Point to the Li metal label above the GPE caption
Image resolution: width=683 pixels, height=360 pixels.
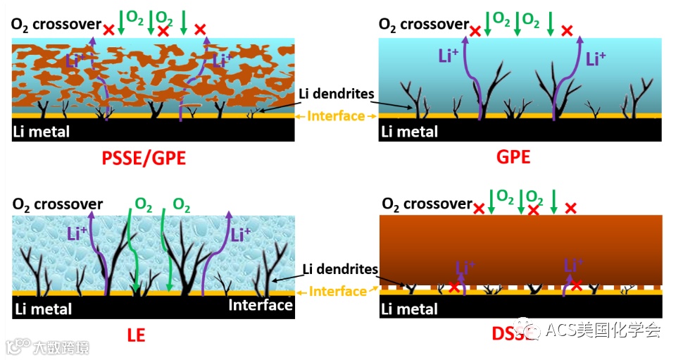coord(410,132)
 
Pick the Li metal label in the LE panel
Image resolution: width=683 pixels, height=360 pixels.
coord(42,308)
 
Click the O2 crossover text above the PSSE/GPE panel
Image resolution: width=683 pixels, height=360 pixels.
coord(56,25)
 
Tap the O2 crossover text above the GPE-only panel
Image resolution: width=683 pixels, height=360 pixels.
coord(423,25)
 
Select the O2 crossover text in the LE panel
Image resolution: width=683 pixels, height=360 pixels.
coord(57,204)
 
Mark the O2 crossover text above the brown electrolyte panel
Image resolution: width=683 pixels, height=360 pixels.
coord(427,204)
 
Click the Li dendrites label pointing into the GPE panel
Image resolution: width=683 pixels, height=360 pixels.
coord(337,94)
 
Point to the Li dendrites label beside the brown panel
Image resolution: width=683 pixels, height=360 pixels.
coord(340,269)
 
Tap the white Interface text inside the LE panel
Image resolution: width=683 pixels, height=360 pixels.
coord(260,304)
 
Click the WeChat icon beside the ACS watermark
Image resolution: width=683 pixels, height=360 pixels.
coord(530,329)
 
